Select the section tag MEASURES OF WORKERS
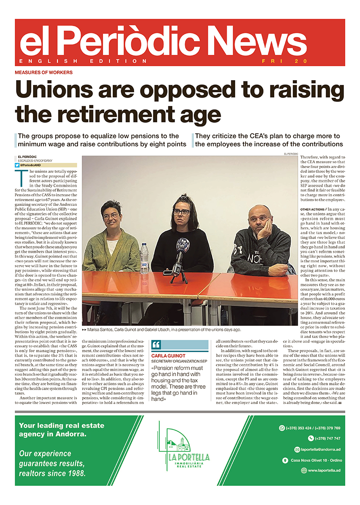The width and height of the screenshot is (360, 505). [44, 73]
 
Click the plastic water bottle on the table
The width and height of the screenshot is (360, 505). [144, 259]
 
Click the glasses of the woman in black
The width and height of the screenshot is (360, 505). [181, 212]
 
